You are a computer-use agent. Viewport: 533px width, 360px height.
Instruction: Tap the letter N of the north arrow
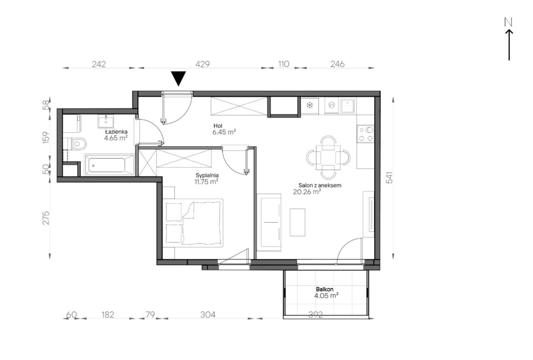point(508,22)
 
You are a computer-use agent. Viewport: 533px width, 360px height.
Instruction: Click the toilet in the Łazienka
point(77,144)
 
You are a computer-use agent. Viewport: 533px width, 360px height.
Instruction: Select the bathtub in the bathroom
point(110,165)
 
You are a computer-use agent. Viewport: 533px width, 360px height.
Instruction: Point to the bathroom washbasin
point(106,121)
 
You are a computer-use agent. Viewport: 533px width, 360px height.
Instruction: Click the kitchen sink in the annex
point(348,106)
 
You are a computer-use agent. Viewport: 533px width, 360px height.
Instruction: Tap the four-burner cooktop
point(365,134)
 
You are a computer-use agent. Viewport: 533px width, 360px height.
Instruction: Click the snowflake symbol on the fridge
point(309,105)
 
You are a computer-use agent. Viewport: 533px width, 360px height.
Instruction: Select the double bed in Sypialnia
point(194,223)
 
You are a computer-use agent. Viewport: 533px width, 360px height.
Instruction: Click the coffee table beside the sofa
point(297,222)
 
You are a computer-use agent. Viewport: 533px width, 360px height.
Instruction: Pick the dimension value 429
point(202,64)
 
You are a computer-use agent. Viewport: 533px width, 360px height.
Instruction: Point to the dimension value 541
point(389,177)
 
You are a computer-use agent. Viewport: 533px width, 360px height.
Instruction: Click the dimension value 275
point(46,218)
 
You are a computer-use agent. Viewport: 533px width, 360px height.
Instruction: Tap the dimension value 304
point(208,315)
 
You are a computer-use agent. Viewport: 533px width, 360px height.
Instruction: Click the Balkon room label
point(324,289)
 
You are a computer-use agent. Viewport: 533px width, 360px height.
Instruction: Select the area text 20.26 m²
point(307,191)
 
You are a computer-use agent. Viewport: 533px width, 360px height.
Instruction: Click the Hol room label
point(218,126)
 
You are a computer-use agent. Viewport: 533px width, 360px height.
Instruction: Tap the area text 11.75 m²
point(207,181)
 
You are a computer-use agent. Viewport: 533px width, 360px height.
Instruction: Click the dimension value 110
point(284,64)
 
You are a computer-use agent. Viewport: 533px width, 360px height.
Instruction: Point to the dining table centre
point(328,157)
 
